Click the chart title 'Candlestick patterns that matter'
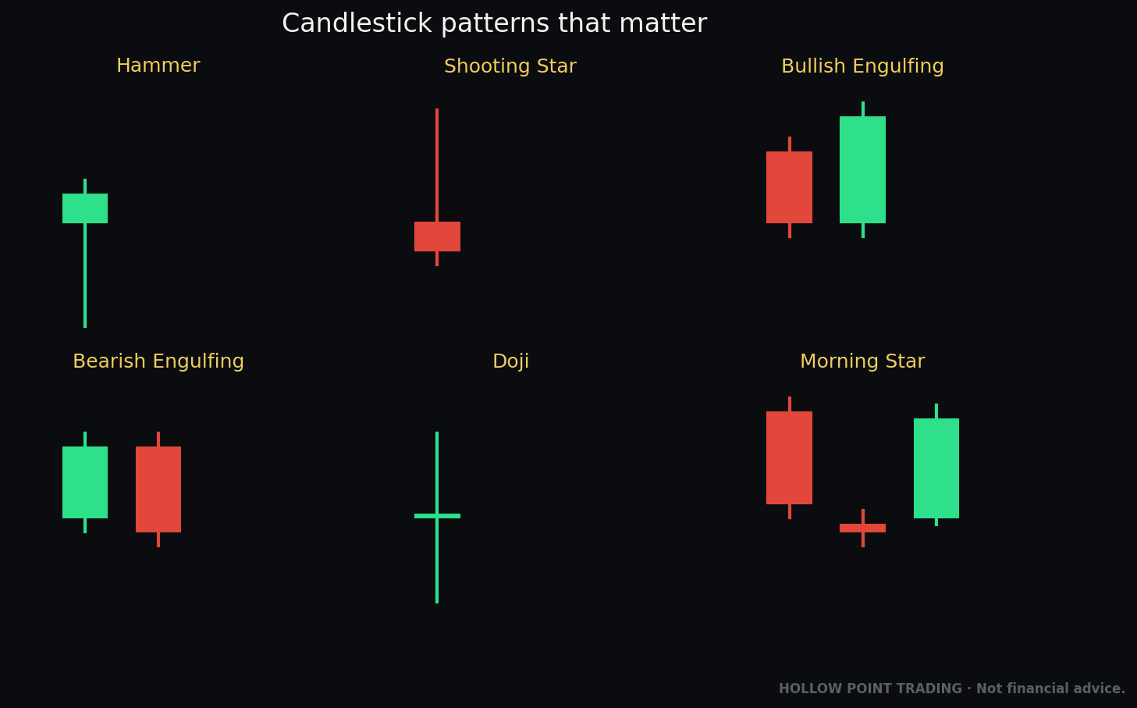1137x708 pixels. click(x=494, y=24)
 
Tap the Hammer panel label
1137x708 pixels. click(x=158, y=66)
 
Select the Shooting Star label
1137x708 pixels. click(x=510, y=66)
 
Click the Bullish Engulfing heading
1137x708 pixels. click(x=862, y=66)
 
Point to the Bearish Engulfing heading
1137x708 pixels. click(x=158, y=361)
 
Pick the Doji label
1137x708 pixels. click(x=510, y=361)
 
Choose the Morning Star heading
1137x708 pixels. click(x=862, y=361)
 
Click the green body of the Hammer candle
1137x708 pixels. click(x=85, y=208)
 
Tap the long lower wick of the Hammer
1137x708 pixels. click(x=85, y=276)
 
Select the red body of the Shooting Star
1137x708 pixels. click(x=437, y=237)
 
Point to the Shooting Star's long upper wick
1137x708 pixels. click(x=437, y=165)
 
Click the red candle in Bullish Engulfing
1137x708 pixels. click(x=789, y=187)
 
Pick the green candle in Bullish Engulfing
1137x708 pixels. click(x=862, y=169)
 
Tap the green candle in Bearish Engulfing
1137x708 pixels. click(x=85, y=482)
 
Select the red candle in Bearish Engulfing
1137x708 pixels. click(x=158, y=489)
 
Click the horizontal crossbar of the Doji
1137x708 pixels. click(x=437, y=516)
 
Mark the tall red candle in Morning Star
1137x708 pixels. click(x=789, y=457)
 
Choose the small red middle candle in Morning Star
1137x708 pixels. click(x=862, y=528)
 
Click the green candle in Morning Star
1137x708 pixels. click(x=936, y=468)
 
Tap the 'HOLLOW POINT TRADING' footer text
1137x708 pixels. click(x=870, y=688)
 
